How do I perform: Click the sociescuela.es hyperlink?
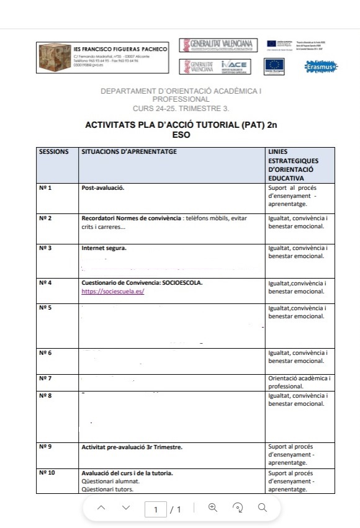(x=113, y=291)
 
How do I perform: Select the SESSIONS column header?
(x=53, y=151)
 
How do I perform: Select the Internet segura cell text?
(x=104, y=248)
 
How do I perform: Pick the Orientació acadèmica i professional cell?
(x=299, y=382)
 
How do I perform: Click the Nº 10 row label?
(x=47, y=473)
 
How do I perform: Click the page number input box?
(x=156, y=509)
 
